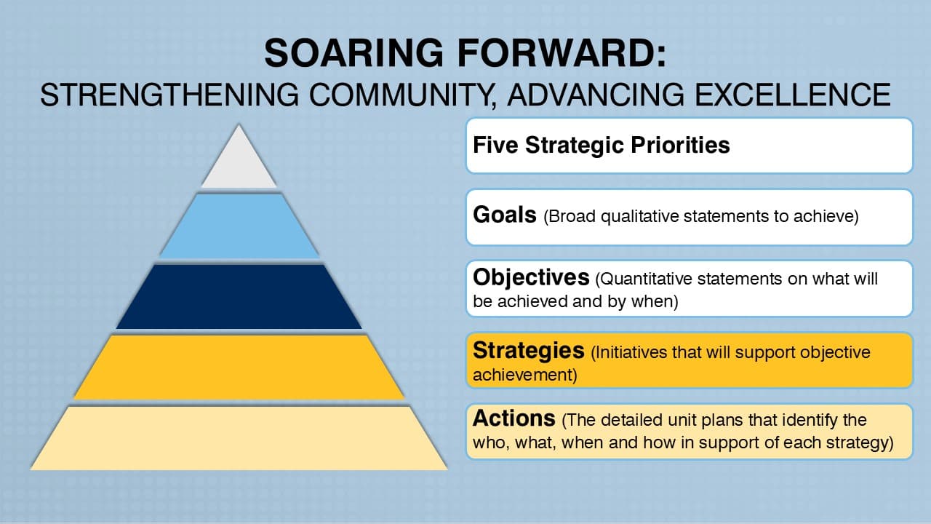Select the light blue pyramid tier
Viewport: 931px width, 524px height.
pos(239,226)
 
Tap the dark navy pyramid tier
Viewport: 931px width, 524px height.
pos(239,296)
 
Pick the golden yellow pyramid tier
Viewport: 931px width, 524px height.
pos(239,366)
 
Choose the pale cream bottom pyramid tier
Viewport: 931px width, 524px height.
pos(239,437)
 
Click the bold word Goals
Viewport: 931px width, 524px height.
pos(504,215)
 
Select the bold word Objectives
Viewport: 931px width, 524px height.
pos(530,277)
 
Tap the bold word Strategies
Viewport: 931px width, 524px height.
pos(528,351)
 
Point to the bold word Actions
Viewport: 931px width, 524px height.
pos(514,418)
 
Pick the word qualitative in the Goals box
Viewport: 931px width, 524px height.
pos(639,217)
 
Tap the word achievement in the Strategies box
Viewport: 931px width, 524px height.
pos(521,376)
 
